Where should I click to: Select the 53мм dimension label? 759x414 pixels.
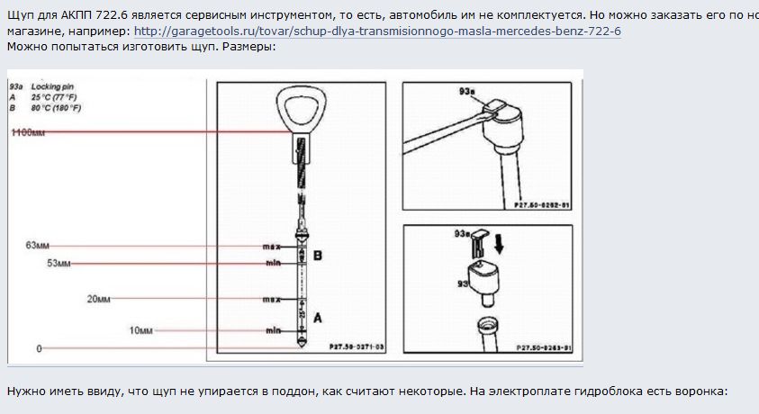click(59, 264)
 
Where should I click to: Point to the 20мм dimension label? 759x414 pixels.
click(98, 298)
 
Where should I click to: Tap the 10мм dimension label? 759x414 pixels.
click(140, 330)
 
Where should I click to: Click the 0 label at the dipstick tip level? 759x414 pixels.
click(39, 347)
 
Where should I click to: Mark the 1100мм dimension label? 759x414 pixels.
click(27, 132)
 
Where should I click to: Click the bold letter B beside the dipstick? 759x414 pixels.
click(317, 256)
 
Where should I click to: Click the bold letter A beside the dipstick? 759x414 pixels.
click(317, 317)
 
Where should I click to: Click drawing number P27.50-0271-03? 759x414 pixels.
click(356, 346)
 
